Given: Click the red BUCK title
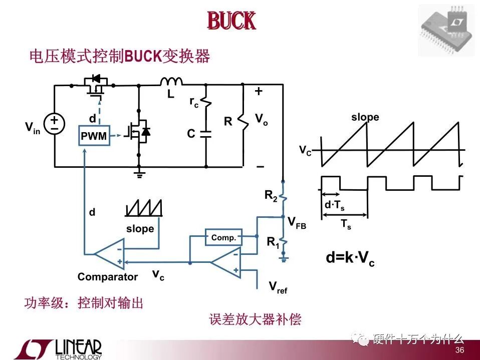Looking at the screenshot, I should (231, 22).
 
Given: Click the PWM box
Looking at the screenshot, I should (94, 136).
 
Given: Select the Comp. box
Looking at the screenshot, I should (223, 237).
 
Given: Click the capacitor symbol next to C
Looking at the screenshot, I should (205, 134).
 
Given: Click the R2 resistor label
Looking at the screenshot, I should (271, 196).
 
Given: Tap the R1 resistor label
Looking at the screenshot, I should (273, 242).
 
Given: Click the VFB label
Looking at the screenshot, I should (297, 222).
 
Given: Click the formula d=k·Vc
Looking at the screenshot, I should (350, 258).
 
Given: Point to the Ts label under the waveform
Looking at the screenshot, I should (346, 224).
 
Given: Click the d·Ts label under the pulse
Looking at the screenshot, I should (335, 205).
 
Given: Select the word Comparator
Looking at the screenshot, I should (107, 277).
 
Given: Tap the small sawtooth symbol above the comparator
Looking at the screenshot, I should (144, 208).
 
